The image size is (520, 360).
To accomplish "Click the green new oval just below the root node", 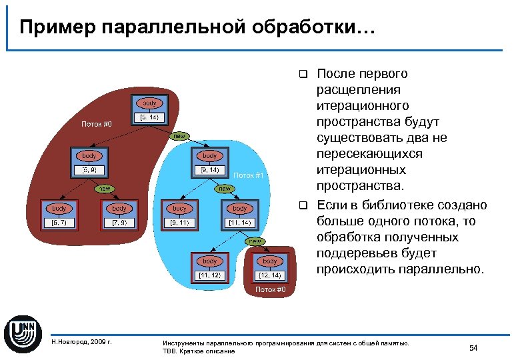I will [179, 135].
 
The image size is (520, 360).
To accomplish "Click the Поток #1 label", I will [249, 175].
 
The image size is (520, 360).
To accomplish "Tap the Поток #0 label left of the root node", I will [97, 124].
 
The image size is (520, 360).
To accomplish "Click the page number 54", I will [473, 347].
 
